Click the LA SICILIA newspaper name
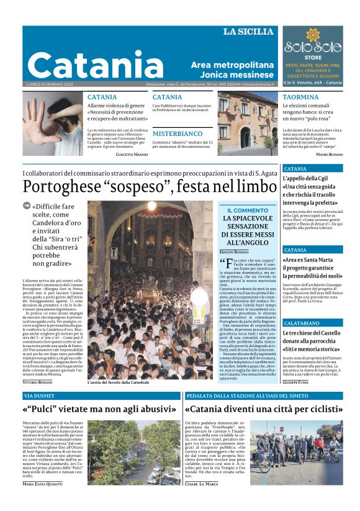click(248, 32)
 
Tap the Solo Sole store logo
click(313, 47)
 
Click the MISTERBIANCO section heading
click(178, 133)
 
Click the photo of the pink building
click(248, 123)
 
